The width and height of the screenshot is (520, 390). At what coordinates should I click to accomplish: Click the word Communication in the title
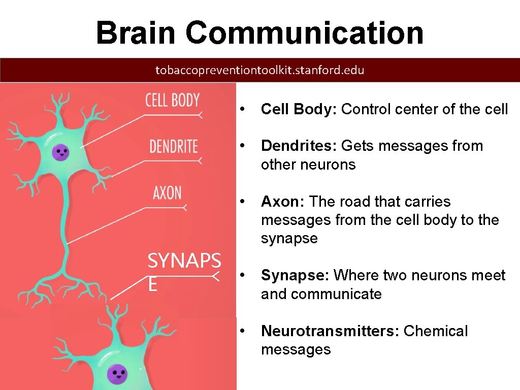click(x=304, y=32)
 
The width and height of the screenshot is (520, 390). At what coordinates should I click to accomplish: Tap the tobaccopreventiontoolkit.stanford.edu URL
click(x=259, y=70)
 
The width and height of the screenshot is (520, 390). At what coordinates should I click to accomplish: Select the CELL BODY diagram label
click(x=172, y=100)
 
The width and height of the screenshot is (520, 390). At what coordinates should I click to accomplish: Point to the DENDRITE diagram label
click(x=173, y=147)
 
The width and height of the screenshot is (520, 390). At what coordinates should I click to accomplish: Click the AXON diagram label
click(x=167, y=193)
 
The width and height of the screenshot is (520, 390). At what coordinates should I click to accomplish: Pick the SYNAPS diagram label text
click(x=184, y=262)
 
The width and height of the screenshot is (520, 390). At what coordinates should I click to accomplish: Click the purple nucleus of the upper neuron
click(x=62, y=151)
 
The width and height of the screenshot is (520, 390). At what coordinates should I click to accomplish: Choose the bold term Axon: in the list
click(x=282, y=202)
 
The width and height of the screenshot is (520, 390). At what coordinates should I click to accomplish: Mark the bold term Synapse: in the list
click(x=295, y=275)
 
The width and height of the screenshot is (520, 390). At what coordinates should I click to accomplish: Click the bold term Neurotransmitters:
click(x=330, y=331)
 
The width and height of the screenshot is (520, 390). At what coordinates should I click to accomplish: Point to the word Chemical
click(x=435, y=331)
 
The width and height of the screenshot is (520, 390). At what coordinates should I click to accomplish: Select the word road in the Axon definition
click(x=351, y=202)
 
